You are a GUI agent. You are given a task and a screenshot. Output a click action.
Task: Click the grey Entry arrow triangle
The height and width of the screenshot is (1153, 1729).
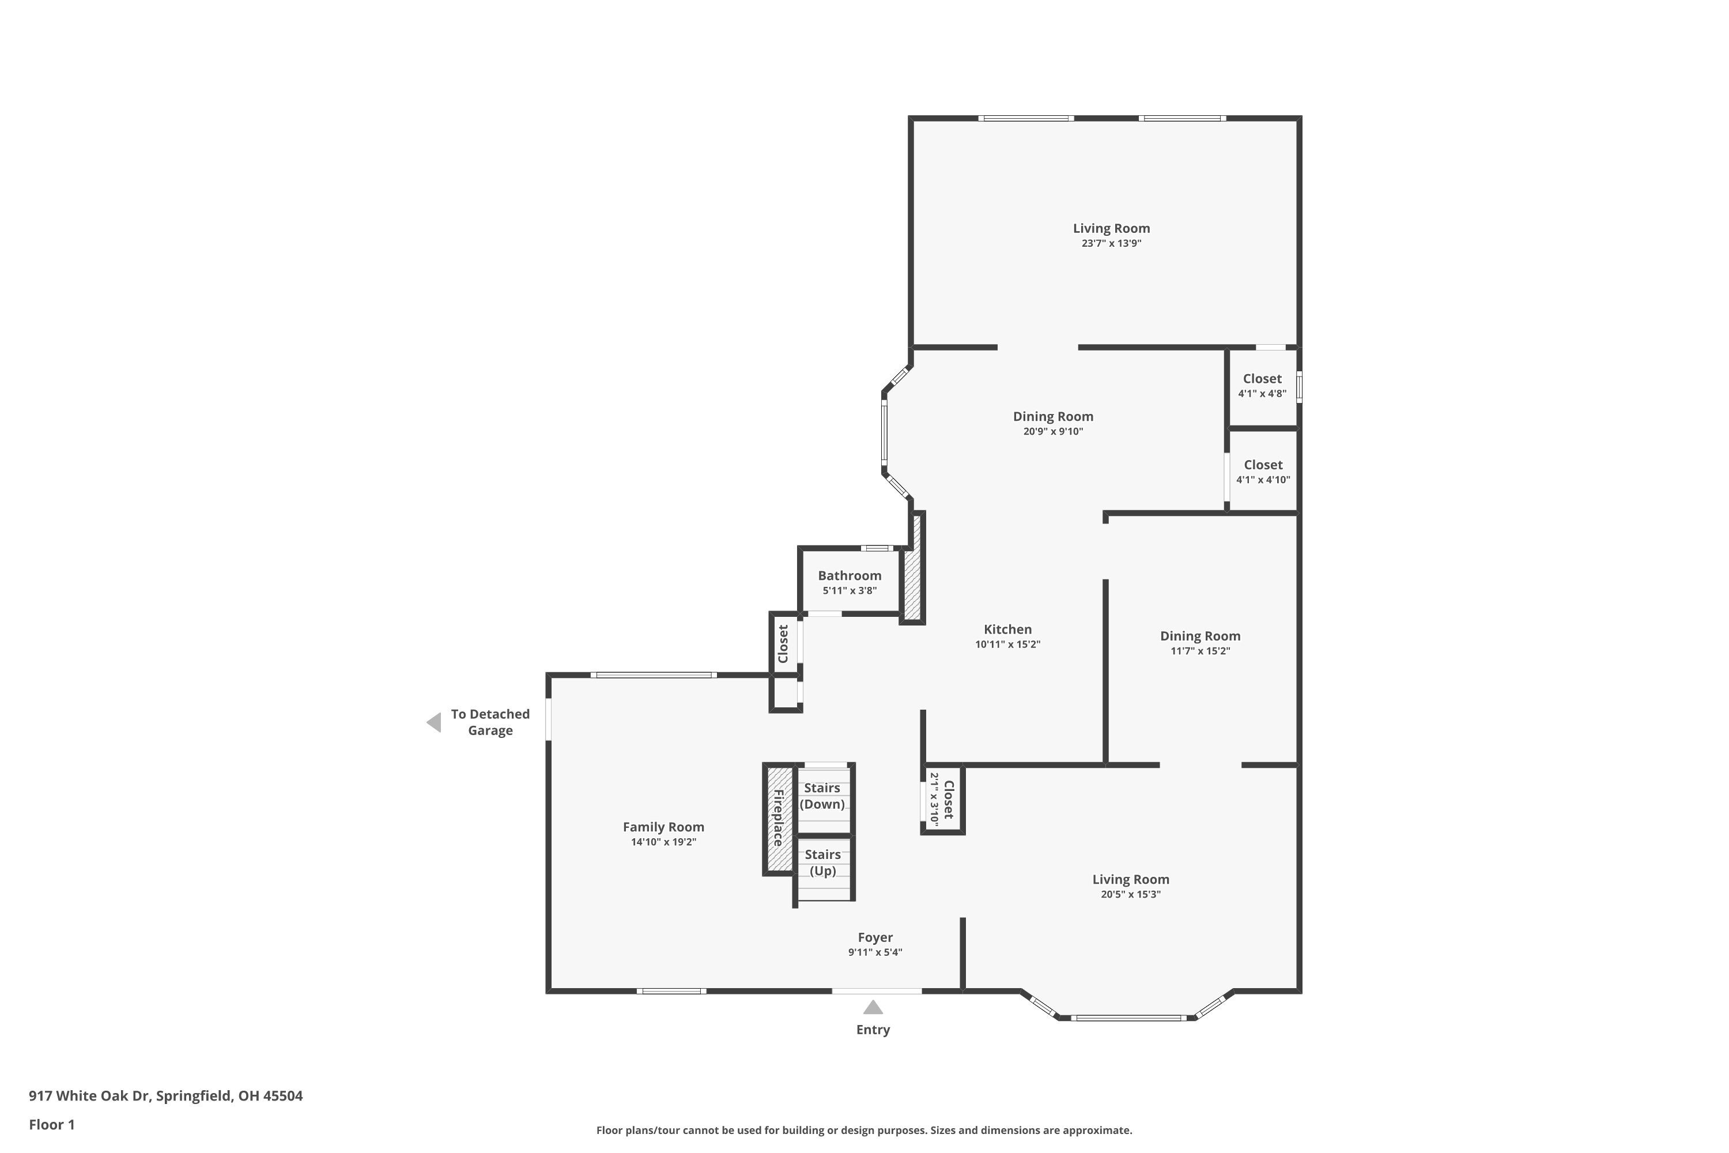pyautogui.click(x=873, y=1007)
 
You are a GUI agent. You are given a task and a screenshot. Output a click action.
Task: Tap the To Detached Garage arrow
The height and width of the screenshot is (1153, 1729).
pyautogui.click(x=435, y=722)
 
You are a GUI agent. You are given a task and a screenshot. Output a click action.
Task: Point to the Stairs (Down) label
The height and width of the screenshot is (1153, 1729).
pyautogui.click(x=822, y=796)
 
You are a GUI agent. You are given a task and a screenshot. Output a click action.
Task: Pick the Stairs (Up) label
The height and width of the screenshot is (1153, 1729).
pyautogui.click(x=822, y=862)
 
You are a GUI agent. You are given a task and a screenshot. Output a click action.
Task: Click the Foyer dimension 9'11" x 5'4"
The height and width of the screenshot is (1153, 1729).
pyautogui.click(x=875, y=952)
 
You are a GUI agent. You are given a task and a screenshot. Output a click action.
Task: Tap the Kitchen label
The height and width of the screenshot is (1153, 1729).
pyautogui.click(x=1007, y=630)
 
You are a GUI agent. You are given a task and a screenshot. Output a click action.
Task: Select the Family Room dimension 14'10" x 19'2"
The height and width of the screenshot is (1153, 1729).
pyautogui.click(x=663, y=842)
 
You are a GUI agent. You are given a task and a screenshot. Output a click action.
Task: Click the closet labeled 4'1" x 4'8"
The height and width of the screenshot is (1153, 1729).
pyautogui.click(x=1262, y=386)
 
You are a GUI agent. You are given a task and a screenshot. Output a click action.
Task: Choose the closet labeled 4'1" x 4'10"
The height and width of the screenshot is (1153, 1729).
pyautogui.click(x=1263, y=472)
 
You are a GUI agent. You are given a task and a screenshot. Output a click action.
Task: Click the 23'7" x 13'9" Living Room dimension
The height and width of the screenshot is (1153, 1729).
pyautogui.click(x=1111, y=243)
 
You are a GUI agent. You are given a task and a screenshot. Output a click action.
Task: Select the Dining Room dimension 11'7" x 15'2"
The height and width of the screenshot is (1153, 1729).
pyautogui.click(x=1200, y=651)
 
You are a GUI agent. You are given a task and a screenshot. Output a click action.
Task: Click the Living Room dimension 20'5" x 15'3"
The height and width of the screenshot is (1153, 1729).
pyautogui.click(x=1130, y=894)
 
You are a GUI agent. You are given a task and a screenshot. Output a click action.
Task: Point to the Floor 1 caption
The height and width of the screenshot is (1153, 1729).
pyautogui.click(x=51, y=1124)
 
